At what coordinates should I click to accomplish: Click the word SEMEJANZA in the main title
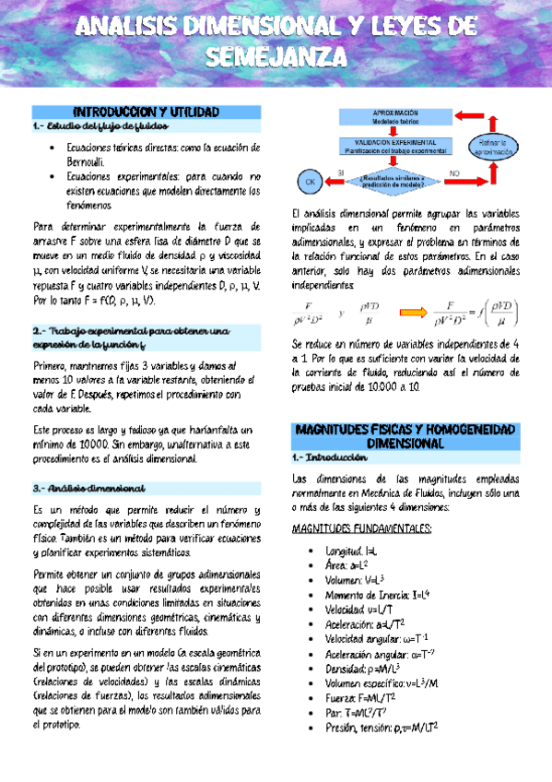tap(276, 57)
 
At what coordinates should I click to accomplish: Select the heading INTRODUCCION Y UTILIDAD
tap(138, 113)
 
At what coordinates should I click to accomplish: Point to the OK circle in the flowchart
tap(311, 183)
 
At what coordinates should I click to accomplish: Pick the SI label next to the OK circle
tap(340, 172)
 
